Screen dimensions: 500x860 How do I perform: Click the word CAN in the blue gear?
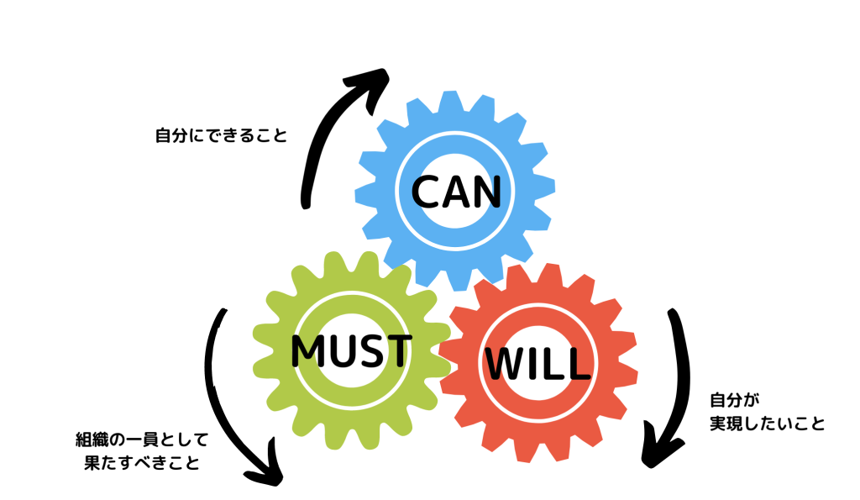point(456,192)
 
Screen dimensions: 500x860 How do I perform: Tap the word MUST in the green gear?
point(351,351)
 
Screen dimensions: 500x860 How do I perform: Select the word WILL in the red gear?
point(537,364)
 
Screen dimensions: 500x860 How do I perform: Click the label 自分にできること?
point(221,135)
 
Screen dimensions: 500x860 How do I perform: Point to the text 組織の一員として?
point(141,439)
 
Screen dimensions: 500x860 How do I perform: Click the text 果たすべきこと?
point(142,462)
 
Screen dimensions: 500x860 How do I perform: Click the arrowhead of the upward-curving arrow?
point(374,82)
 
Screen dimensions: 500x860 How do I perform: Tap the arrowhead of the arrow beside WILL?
point(658,450)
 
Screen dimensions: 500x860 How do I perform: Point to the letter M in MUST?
point(309,352)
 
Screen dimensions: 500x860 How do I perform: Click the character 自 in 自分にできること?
point(163,135)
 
